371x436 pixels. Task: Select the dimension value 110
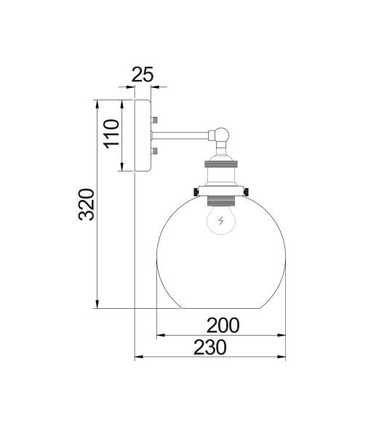click(x=111, y=134)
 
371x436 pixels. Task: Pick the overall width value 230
click(x=210, y=347)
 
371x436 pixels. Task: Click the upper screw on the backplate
click(x=155, y=118)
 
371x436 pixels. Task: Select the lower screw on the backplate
click(x=155, y=151)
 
